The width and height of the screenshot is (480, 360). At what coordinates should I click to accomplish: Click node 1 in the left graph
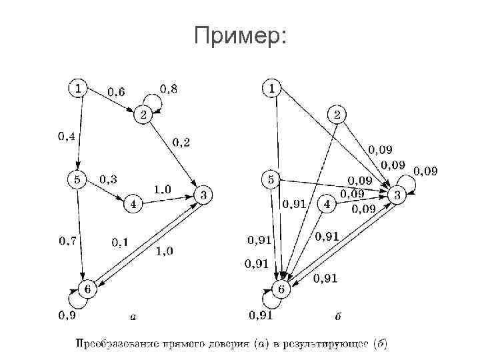point(79,87)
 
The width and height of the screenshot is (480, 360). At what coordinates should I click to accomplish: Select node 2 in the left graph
point(143,115)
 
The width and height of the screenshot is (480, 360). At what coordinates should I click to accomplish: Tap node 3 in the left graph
point(203,195)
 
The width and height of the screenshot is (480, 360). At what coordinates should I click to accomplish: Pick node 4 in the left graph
point(133,205)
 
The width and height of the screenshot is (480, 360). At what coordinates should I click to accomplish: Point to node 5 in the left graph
point(78,179)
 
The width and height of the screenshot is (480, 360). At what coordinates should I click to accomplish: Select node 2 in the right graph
point(337,115)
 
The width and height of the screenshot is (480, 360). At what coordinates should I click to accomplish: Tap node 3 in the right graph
point(397,195)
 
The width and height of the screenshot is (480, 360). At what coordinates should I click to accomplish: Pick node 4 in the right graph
point(327,204)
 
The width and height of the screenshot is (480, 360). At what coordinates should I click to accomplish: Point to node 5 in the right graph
point(271,179)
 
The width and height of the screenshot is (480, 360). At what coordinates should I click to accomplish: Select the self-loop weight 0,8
point(169,87)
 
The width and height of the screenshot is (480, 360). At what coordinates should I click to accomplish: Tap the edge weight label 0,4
point(66,137)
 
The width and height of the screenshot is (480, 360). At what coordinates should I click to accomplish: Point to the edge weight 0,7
point(67,240)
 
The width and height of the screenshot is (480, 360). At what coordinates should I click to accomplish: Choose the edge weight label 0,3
point(108,179)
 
